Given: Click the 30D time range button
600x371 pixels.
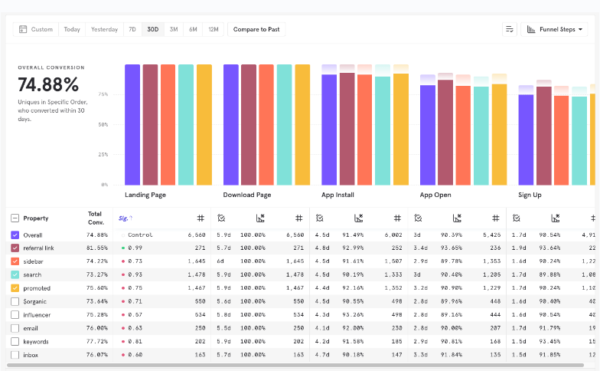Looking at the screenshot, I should [153, 29].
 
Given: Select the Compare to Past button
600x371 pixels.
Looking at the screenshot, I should [256, 29].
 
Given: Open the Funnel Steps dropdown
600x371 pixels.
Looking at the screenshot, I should [555, 29].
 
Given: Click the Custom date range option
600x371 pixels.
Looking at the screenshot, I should [36, 29].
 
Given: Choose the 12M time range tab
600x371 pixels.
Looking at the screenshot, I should [214, 29].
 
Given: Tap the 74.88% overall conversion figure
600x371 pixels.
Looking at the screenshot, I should [49, 84].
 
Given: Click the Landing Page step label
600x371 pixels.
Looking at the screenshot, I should [145, 195].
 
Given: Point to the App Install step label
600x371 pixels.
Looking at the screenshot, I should [337, 195].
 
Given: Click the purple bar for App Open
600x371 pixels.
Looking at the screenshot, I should [428, 134].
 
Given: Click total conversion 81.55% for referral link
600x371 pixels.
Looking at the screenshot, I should [97, 248].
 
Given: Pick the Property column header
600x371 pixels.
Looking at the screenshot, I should [36, 218].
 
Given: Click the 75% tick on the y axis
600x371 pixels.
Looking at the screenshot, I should [103, 94].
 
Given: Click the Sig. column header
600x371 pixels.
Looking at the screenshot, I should [122, 218].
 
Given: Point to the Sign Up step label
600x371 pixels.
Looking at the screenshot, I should [530, 195].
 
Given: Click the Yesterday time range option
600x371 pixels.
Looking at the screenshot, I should [104, 29].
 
